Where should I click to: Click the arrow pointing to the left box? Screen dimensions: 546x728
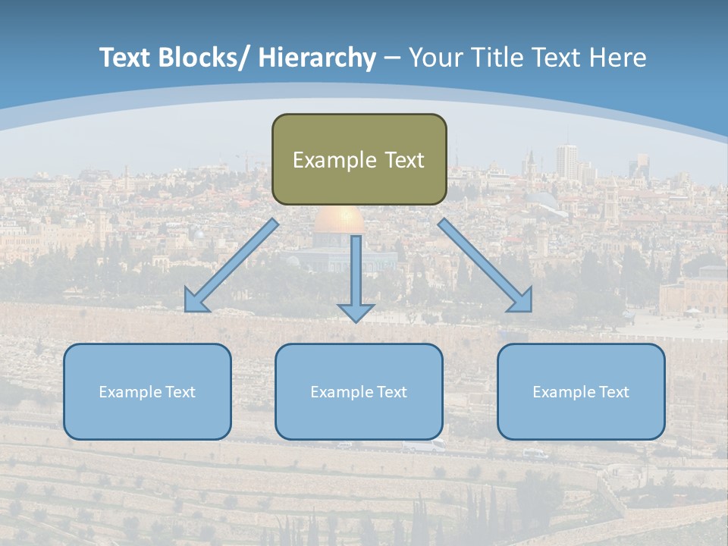(x=231, y=265)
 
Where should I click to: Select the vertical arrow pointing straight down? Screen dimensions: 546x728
(x=356, y=277)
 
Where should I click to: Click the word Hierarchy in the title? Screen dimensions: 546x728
(x=317, y=58)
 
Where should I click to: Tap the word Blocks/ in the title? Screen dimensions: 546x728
(x=202, y=58)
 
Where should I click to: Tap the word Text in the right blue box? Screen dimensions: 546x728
(x=613, y=392)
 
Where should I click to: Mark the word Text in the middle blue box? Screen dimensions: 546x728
(x=391, y=392)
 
